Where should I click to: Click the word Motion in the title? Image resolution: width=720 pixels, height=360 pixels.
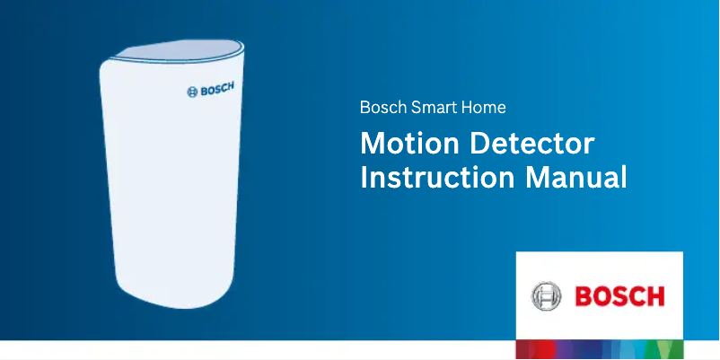click(x=409, y=144)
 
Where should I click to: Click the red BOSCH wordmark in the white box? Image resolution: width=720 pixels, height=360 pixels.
click(x=619, y=295)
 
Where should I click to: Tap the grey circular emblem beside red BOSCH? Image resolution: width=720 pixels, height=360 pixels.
click(x=546, y=295)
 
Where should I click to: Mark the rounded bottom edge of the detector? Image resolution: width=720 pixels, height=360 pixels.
click(x=175, y=303)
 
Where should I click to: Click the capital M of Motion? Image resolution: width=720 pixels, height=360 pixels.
click(x=371, y=144)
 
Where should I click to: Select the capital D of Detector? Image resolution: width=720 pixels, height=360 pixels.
click(x=484, y=144)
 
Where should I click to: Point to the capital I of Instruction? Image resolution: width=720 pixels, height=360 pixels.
click(x=364, y=175)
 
